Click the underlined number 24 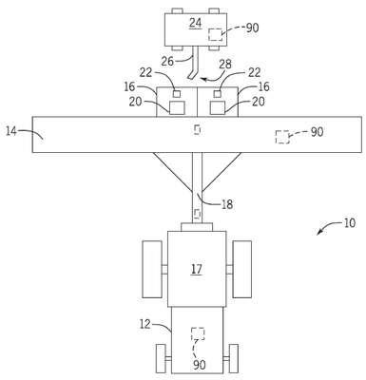click(195, 23)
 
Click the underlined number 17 click(197, 269)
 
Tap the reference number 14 click(11, 131)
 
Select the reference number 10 click(349, 223)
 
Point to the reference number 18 click(227, 204)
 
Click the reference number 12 click(144, 324)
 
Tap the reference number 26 click(167, 61)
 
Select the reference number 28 click(225, 65)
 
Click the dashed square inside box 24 click(215, 34)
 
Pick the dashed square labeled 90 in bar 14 click(282, 137)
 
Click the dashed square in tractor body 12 click(198, 333)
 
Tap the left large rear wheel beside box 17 click(152, 270)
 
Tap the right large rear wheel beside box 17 click(242, 270)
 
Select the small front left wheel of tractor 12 click(161, 358)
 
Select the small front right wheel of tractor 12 click(234, 358)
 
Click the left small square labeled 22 click(177, 94)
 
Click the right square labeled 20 click(218, 107)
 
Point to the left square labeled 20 click(177, 107)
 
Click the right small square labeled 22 click(218, 94)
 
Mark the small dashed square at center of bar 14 click(197, 129)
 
